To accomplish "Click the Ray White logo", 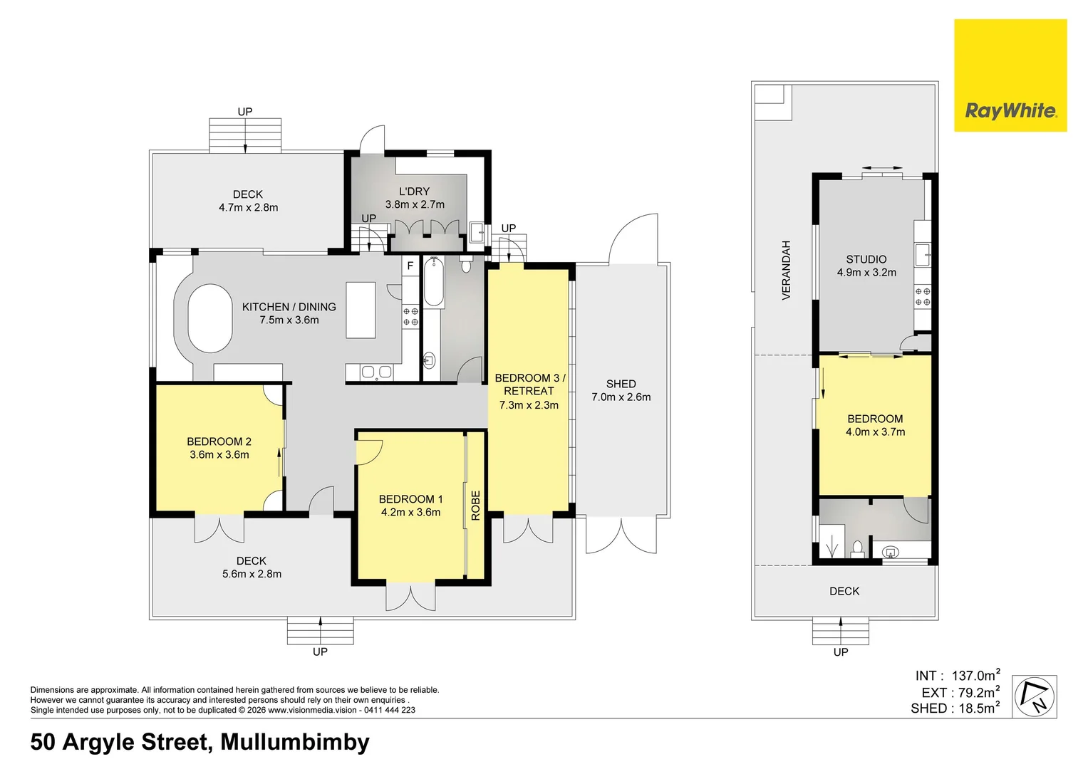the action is [x=1010, y=75].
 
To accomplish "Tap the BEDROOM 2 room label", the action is [x=219, y=441].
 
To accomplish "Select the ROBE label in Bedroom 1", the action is [x=475, y=506].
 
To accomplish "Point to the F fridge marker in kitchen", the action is [x=410, y=266].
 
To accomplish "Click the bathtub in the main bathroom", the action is [x=434, y=282].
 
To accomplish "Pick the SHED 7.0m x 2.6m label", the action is [x=621, y=390].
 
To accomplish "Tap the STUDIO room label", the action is [x=866, y=260].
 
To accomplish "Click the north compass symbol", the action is [x=1035, y=696].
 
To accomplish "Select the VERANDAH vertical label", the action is [x=786, y=270].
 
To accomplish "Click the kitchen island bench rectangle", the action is [x=361, y=310].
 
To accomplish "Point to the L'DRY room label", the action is [x=414, y=192].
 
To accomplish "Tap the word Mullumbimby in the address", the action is [x=295, y=742].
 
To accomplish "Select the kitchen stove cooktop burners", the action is [x=410, y=317].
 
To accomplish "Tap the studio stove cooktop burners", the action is [x=923, y=297].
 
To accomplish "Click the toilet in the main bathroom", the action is [x=466, y=265].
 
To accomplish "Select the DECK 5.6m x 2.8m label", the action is [x=252, y=567].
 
